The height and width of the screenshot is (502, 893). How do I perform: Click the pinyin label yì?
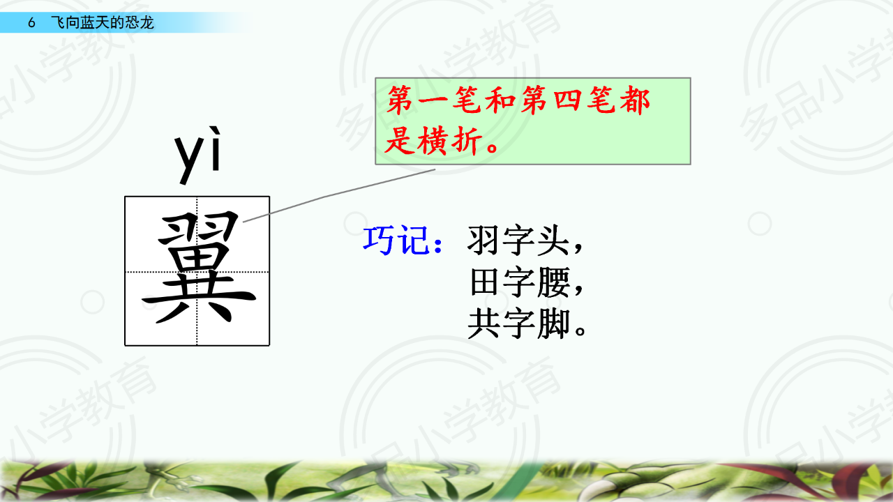[x=197, y=155]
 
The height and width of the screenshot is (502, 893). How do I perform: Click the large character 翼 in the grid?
[x=199, y=267]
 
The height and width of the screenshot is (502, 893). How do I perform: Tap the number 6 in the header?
[x=32, y=23]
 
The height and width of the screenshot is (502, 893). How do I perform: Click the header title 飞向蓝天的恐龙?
[x=103, y=23]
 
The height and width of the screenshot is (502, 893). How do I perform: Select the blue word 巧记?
[x=396, y=240]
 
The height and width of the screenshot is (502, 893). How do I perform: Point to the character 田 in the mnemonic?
[x=484, y=282]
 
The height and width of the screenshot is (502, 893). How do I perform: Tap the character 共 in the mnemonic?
[x=483, y=324]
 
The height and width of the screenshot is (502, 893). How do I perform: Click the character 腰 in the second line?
[x=553, y=282]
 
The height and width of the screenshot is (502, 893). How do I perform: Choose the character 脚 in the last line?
[x=553, y=324]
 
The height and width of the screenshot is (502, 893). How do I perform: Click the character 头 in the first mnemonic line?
[x=553, y=240]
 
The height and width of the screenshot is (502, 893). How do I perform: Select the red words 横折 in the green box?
[x=450, y=141]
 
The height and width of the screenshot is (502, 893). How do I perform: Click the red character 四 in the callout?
[x=568, y=100]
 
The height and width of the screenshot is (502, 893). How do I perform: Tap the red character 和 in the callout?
[x=501, y=100]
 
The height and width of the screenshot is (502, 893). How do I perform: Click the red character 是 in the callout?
[x=400, y=141]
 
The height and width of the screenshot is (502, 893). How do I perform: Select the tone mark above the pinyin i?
[x=215, y=132]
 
